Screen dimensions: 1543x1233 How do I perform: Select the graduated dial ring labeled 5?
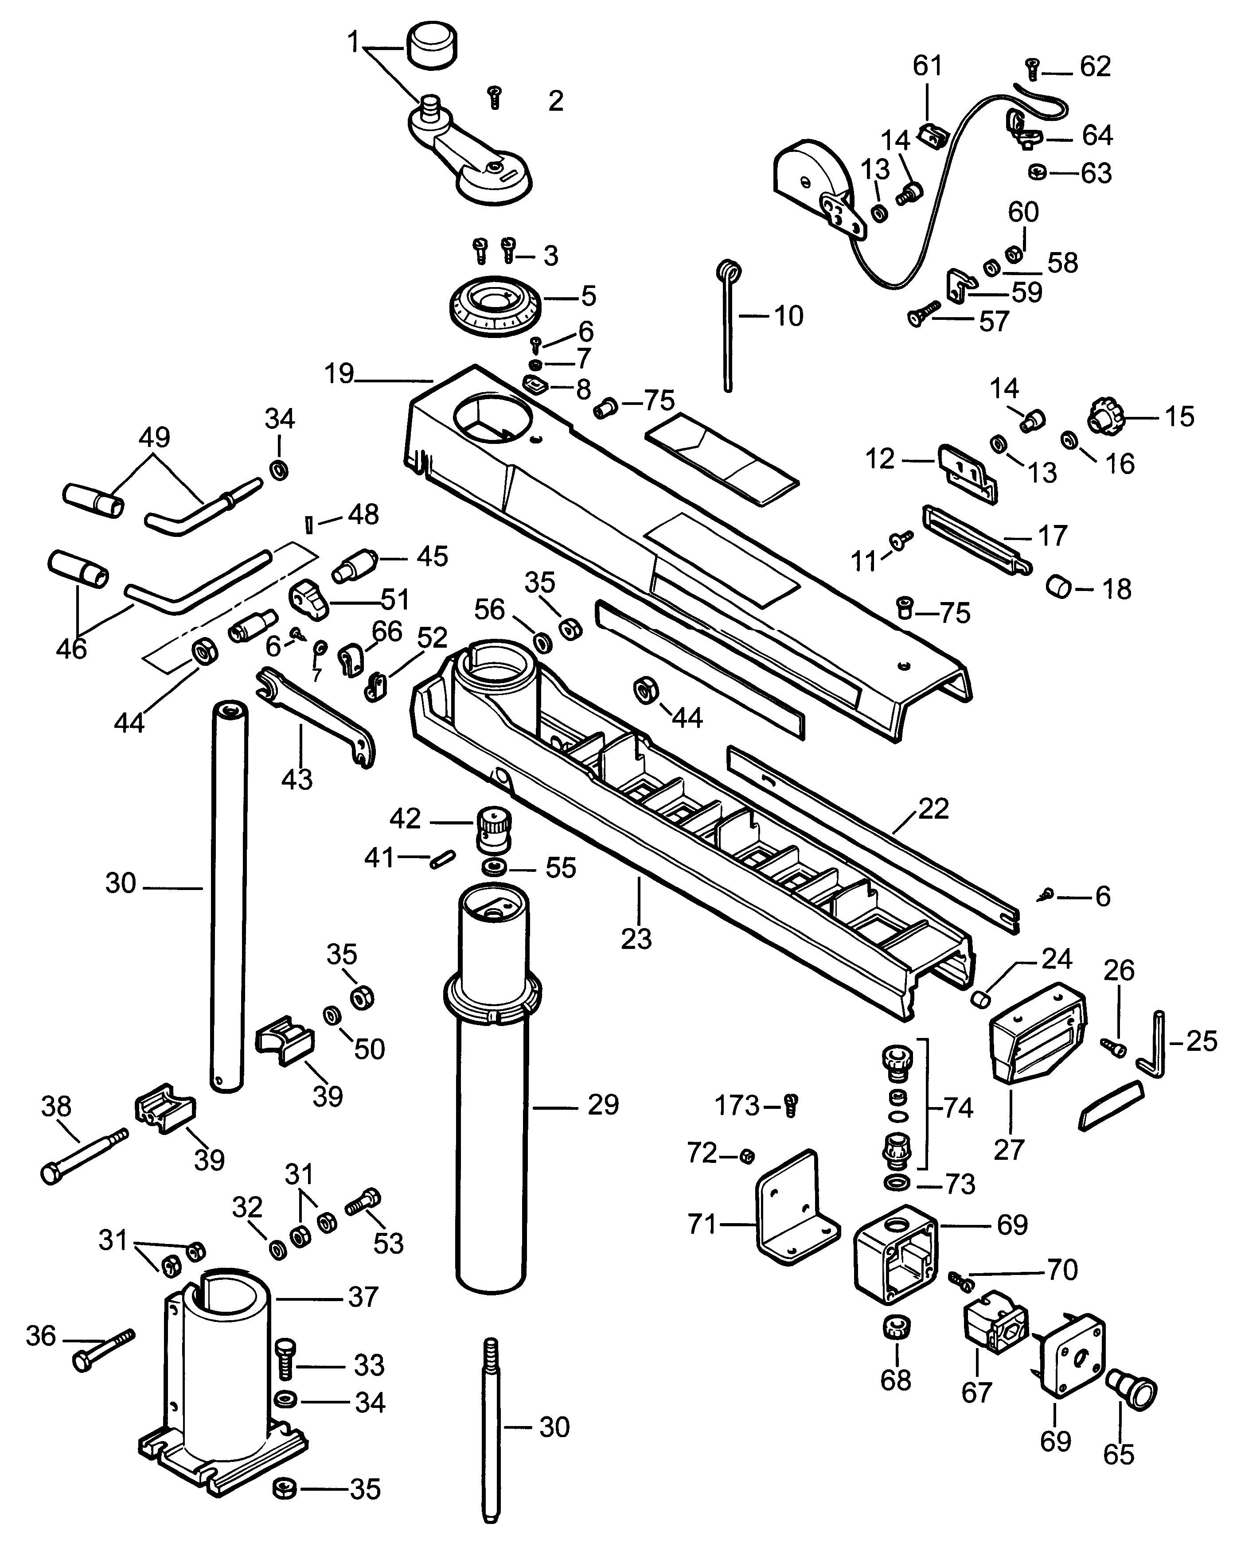point(494,304)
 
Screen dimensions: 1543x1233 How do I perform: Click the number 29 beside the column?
point(603,1105)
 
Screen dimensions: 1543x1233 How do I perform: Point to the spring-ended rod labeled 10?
point(728,326)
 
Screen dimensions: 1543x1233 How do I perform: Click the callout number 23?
point(636,938)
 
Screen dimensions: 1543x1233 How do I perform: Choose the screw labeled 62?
point(1032,69)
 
